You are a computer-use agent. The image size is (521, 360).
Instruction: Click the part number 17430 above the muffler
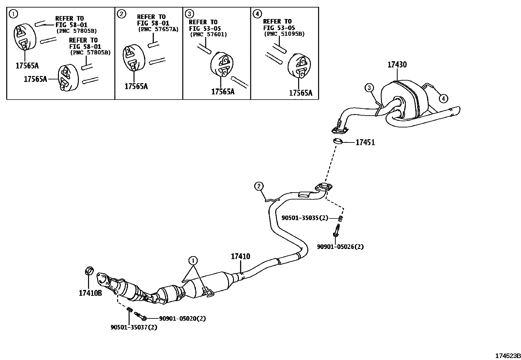397,65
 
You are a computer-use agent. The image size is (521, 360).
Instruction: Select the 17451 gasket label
365,142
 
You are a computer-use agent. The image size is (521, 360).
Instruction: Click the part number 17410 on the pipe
240,256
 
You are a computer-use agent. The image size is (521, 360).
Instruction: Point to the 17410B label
90,293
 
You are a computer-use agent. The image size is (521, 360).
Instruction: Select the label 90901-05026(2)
340,247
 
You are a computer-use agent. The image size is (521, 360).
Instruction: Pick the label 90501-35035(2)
304,218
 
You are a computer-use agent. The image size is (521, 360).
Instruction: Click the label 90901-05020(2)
182,318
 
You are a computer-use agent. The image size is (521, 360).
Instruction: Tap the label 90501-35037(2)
134,327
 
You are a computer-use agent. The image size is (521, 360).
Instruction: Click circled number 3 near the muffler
369,87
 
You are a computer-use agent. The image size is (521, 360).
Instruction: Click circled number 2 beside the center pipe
259,187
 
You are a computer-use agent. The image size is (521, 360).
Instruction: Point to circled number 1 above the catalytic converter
193,261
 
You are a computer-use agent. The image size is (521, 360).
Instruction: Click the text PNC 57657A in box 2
158,29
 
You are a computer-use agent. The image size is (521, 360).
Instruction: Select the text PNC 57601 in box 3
208,34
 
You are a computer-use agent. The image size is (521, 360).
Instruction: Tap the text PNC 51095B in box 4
284,34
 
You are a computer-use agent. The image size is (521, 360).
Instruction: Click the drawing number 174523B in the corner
507,356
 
